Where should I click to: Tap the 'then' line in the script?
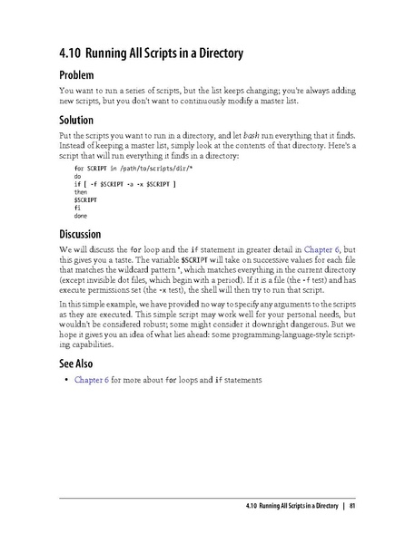(81, 192)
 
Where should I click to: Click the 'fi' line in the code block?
(77, 209)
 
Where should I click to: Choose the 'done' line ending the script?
(81, 217)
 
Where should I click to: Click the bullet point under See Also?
(65, 380)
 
